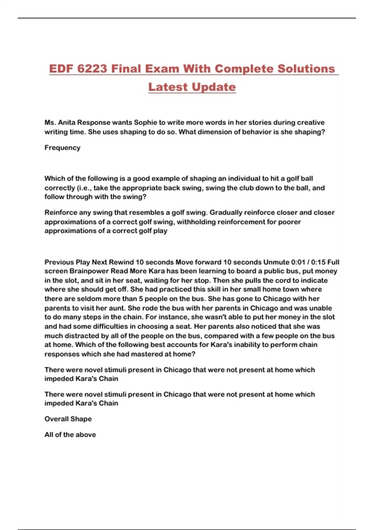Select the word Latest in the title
[x=168, y=87]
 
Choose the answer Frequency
[x=62, y=148]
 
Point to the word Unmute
[x=276, y=262]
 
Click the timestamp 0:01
[x=298, y=262]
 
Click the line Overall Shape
[x=68, y=419]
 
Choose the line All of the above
[x=70, y=435]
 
